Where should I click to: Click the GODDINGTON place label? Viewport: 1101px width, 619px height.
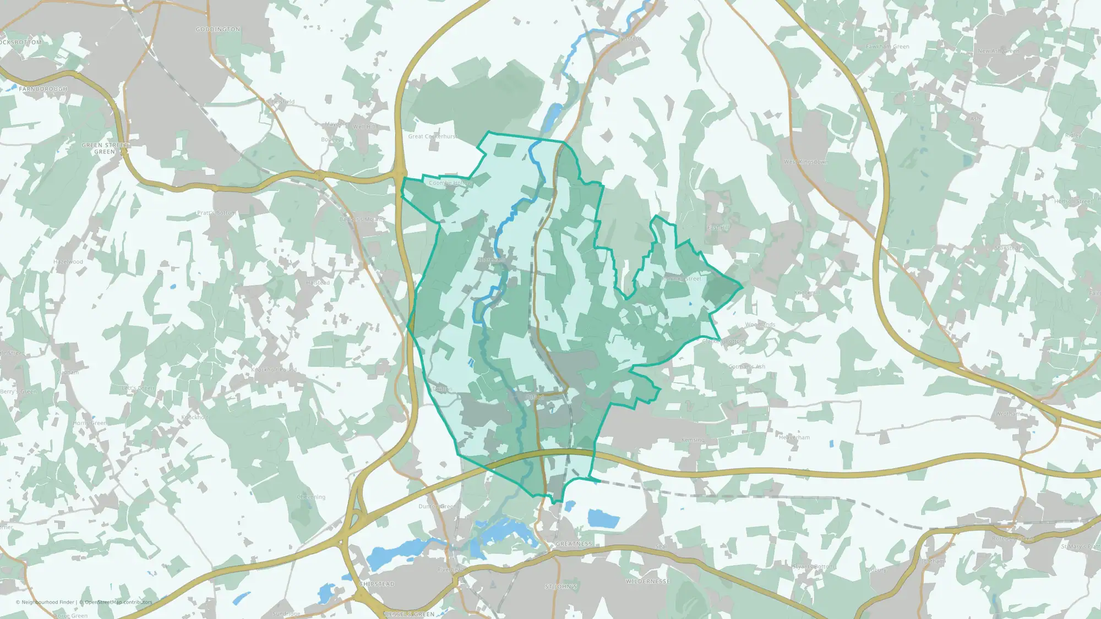point(218,29)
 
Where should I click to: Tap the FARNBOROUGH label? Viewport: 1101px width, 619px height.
point(43,89)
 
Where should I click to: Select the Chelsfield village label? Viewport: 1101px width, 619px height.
point(281,102)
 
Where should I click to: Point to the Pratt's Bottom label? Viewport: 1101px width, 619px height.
point(216,212)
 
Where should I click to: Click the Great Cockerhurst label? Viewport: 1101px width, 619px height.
point(433,136)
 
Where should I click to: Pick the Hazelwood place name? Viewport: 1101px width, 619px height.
point(68,262)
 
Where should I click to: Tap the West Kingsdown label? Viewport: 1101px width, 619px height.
point(805,162)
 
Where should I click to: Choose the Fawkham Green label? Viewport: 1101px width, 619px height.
point(887,47)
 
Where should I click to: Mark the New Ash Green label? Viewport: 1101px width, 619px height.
point(998,51)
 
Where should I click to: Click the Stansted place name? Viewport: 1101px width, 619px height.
point(1007,248)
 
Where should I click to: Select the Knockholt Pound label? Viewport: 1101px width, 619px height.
point(274,370)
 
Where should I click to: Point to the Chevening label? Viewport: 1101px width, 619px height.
point(311,497)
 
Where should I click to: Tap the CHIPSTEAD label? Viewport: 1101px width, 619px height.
point(377,584)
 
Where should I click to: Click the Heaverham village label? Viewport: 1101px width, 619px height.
point(794,437)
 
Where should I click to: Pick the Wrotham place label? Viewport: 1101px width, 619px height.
point(1009,414)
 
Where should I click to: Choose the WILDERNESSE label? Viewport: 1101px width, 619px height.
point(647,581)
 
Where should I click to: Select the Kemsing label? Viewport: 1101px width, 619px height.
point(693,440)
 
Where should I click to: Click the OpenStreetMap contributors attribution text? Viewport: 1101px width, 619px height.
point(118,602)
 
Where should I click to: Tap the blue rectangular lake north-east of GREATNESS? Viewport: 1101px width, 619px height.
point(603,518)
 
